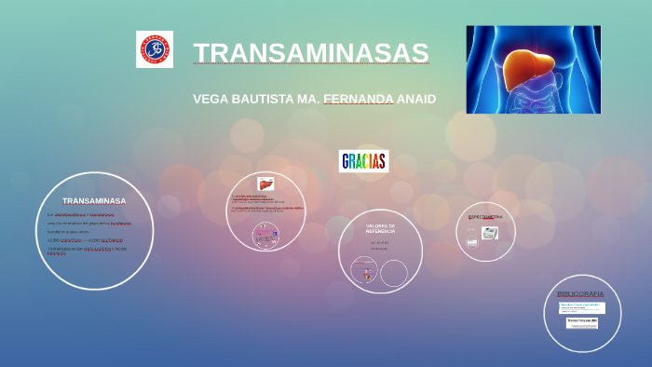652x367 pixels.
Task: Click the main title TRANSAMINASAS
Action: pos(311,53)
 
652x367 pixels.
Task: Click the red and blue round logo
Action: pos(155,49)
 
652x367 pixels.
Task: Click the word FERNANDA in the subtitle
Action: pos(358,99)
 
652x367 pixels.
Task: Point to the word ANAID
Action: pos(416,99)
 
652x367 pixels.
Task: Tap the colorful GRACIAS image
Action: pos(363,161)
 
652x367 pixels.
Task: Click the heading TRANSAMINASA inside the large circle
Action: pos(94,200)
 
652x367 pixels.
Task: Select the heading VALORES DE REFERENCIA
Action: pos(380,228)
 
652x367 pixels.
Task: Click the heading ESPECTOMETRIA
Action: pos(485,217)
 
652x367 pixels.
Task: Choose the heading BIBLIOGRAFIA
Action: pos(580,293)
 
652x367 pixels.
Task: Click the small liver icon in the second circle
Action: pos(265,184)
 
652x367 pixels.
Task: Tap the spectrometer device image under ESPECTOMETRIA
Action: pos(490,233)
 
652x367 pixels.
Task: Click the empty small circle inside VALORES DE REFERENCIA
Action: pos(394,273)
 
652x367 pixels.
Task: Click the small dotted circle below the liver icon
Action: pos(265,235)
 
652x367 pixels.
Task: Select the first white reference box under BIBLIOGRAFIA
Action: pos(581,307)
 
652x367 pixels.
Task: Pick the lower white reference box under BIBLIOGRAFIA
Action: pos(582,322)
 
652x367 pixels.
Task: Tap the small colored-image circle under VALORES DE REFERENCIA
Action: pos(363,271)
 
